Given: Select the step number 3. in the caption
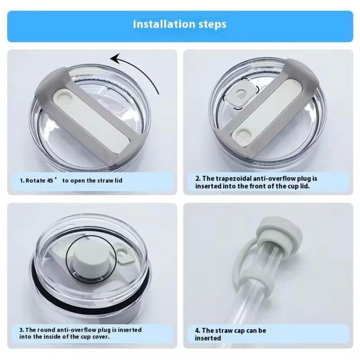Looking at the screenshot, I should (22, 330).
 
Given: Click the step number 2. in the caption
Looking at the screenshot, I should (197, 178).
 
